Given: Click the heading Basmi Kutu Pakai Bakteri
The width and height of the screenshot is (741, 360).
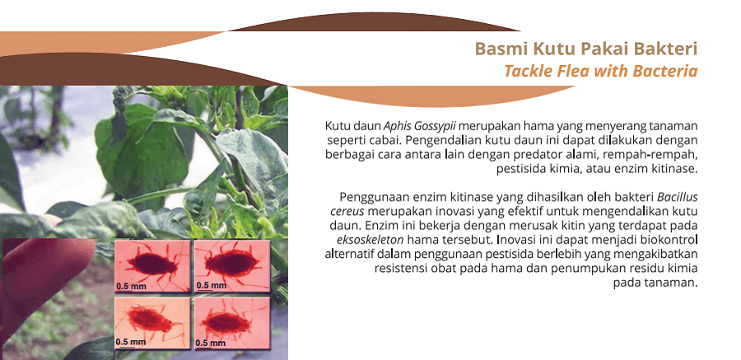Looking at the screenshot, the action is point(586,49).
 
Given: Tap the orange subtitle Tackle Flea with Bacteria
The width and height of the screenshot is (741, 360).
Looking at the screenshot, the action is point(601,71).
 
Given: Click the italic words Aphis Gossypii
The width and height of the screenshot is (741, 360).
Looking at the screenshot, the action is point(420,127).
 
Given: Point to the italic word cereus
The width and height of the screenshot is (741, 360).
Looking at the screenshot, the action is point(347,211).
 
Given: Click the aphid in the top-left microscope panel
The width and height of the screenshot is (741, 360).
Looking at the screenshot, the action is point(151,263).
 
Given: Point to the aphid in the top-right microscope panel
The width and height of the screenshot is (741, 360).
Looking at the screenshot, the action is point(232,263).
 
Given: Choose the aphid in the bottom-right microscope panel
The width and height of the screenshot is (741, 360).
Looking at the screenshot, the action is point(225,322).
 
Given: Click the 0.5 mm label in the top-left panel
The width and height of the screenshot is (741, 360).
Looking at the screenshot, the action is point(132,286).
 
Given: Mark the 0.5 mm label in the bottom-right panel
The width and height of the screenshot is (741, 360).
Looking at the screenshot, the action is point(211,343).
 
